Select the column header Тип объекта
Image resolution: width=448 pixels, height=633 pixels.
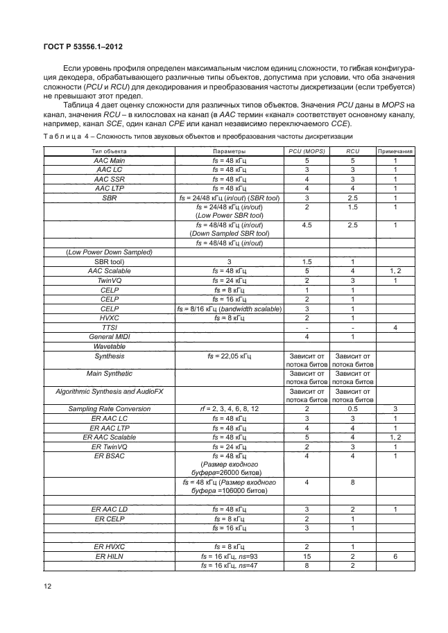pos(107,150)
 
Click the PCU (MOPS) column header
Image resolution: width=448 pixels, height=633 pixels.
pos(306,150)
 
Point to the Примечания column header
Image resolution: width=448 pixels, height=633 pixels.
pos(395,150)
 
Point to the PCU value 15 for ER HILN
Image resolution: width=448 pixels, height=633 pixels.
pos(306,557)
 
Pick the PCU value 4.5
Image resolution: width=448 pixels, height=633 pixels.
pos(306,225)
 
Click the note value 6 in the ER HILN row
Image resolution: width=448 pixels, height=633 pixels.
pos(395,557)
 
